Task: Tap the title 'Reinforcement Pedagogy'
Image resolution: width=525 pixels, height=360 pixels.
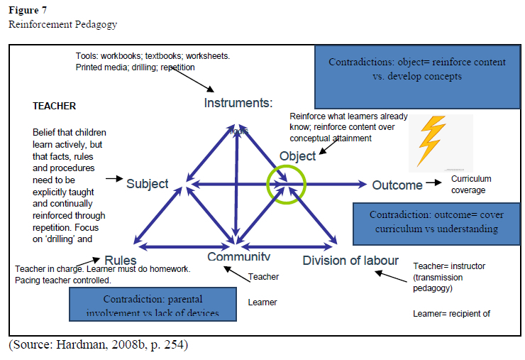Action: pyautogui.click(x=63, y=25)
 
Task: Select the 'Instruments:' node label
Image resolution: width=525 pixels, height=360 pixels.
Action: pyautogui.click(x=238, y=103)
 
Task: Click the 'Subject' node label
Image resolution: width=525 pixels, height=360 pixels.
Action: pyautogui.click(x=148, y=184)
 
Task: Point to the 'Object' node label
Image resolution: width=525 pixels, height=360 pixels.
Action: pyautogui.click(x=298, y=156)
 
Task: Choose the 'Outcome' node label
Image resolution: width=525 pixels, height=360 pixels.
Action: pyautogui.click(x=397, y=185)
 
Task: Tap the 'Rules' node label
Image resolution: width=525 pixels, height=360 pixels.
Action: pyautogui.click(x=120, y=261)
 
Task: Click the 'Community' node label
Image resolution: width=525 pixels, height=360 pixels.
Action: pyautogui.click(x=238, y=256)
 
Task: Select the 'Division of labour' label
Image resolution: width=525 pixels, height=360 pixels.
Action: pyautogui.click(x=350, y=260)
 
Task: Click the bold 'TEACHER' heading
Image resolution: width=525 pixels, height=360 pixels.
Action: pyautogui.click(x=55, y=107)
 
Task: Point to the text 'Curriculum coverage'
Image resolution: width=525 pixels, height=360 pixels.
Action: pyautogui.click(x=470, y=185)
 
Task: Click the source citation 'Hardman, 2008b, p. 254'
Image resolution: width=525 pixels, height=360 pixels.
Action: pyautogui.click(x=99, y=345)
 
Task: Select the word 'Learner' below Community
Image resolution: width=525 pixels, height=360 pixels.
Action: pyautogui.click(x=262, y=302)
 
